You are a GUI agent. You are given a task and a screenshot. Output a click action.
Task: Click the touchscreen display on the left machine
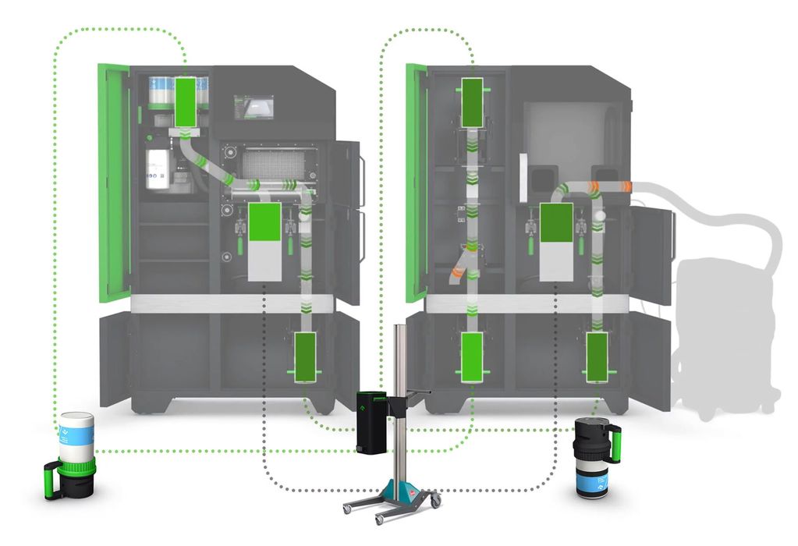pyautogui.click(x=254, y=107)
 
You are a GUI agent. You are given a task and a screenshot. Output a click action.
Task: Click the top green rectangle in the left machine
pyautogui.click(x=186, y=101)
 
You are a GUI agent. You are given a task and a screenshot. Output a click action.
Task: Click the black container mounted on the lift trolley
pyautogui.click(x=372, y=421)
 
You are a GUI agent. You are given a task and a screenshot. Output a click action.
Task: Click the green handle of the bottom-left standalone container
pyautogui.click(x=53, y=480)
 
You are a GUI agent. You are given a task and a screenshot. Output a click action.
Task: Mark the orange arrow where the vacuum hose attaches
pyautogui.click(x=625, y=186)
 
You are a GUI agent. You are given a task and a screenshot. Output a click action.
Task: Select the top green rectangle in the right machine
pyautogui.click(x=472, y=101)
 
